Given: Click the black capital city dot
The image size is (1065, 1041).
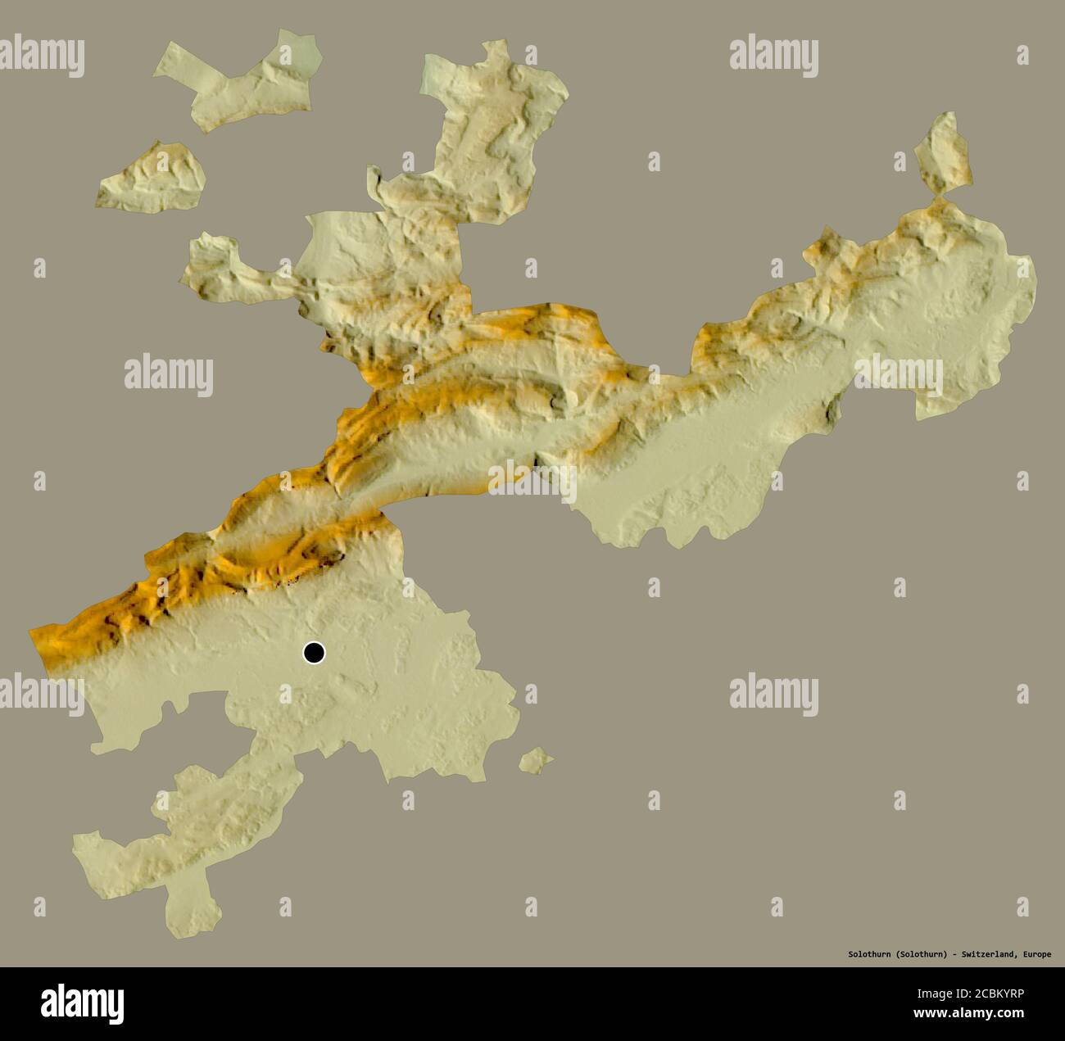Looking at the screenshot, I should pyautogui.click(x=314, y=653).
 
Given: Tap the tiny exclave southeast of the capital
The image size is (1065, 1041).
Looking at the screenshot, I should pyautogui.click(x=536, y=760).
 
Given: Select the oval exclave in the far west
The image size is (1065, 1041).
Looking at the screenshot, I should pyautogui.click(x=153, y=178).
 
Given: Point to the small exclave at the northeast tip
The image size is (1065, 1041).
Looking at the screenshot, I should pyautogui.click(x=944, y=153).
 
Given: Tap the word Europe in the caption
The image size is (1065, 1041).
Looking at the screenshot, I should pyautogui.click(x=1036, y=954).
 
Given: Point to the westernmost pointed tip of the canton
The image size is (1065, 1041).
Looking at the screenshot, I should pyautogui.click(x=33, y=632).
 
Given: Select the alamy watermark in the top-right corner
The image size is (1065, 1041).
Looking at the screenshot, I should pyautogui.click(x=773, y=57).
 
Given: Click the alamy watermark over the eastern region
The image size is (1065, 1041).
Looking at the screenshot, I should pyautogui.click(x=898, y=375).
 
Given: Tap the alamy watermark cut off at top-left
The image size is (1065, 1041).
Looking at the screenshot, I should pyautogui.click(x=41, y=57).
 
